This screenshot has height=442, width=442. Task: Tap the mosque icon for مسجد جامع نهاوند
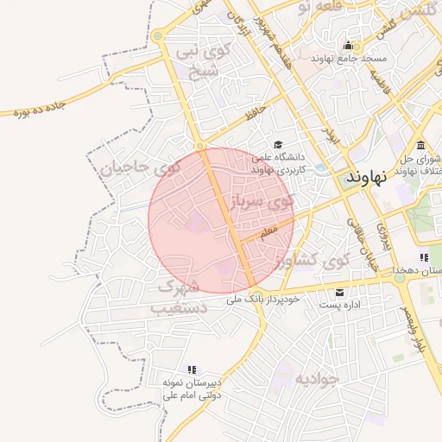[349, 46]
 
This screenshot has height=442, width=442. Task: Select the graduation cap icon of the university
[278, 144]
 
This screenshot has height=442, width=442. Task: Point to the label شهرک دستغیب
[180, 296]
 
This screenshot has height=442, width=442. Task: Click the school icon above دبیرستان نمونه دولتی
[193, 369]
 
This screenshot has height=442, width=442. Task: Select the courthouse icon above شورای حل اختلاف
[420, 144]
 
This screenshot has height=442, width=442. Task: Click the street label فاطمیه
[380, 83]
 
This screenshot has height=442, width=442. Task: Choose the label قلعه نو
[314, 9]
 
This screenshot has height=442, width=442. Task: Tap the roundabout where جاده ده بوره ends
[158, 36]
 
